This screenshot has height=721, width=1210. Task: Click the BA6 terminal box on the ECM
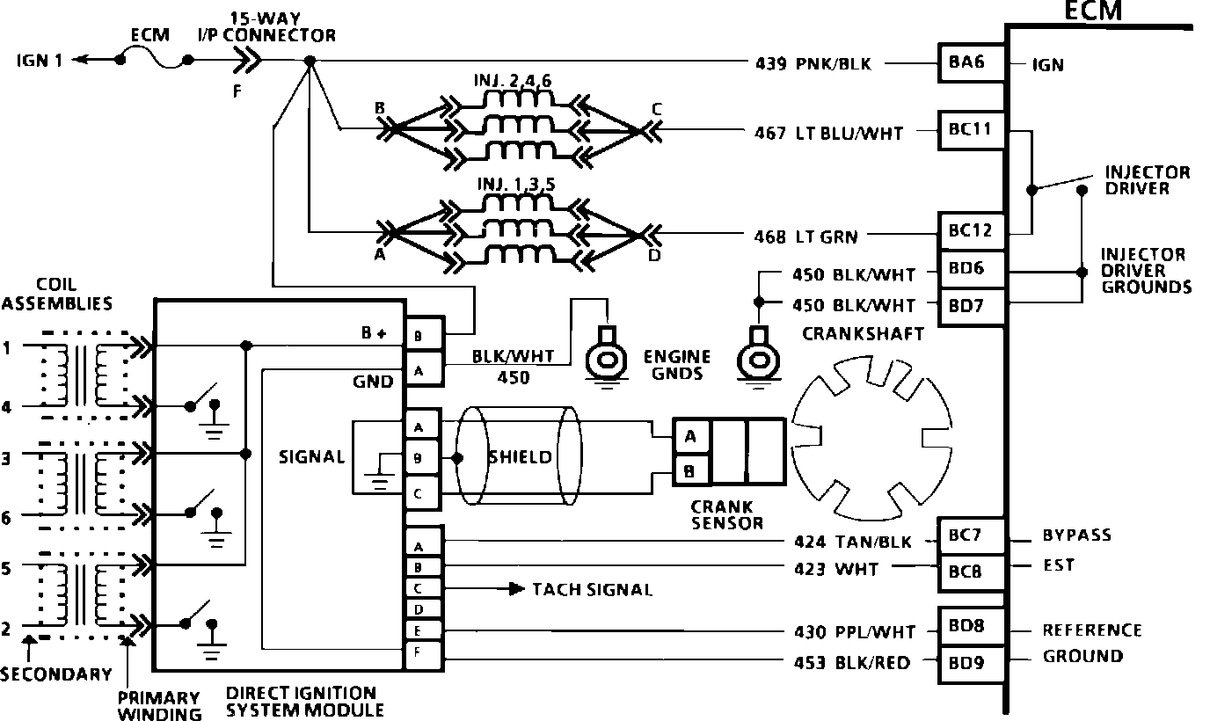[970, 63]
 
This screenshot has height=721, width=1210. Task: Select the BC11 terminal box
[970, 129]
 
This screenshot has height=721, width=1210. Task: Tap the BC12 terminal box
[970, 231]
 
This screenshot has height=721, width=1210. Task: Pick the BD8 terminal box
[970, 627]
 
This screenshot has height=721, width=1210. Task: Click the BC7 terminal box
[970, 535]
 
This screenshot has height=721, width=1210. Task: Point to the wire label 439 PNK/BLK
[813, 63]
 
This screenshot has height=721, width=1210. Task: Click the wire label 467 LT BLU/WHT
[828, 134]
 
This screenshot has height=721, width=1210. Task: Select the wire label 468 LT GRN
[806, 236]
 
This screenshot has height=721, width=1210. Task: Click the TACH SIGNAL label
[593, 589]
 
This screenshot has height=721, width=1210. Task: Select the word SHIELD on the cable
[521, 457]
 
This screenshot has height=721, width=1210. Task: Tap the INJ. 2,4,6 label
[514, 81]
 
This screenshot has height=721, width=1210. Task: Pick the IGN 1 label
[39, 61]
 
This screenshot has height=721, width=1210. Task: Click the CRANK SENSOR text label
[725, 514]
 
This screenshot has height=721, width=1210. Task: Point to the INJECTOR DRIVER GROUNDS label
[1144, 271]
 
